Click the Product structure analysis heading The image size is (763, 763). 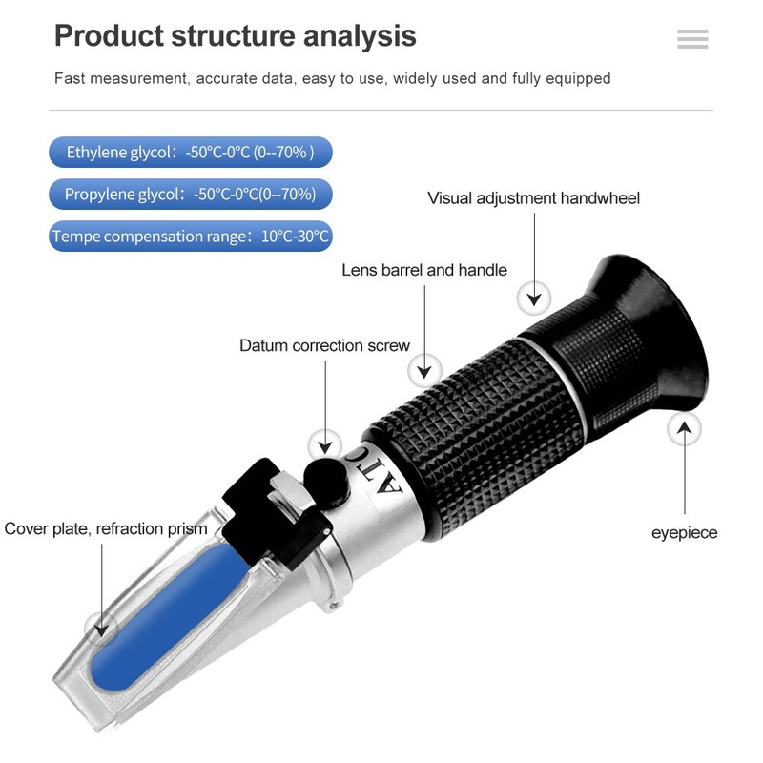pos(235,36)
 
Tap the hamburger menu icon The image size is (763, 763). pos(692,38)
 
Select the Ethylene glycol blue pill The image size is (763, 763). pos(190,152)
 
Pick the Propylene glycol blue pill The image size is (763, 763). pos(190,194)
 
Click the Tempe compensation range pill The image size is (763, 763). pos(191,236)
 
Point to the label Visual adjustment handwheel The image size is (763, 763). pos(533,198)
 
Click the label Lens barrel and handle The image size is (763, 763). pos(424,270)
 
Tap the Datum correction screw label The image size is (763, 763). pos(324,345)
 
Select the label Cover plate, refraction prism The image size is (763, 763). pos(106,528)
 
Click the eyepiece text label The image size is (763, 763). pos(684,532)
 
